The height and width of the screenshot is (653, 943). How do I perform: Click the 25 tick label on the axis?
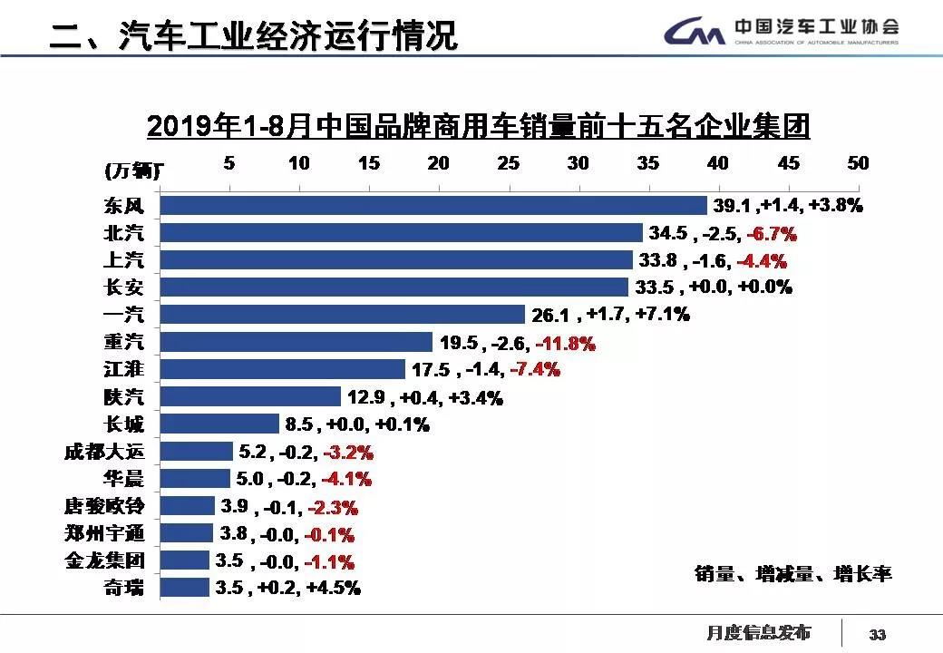[x=509, y=163]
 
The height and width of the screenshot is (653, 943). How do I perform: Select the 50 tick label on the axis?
[x=858, y=163]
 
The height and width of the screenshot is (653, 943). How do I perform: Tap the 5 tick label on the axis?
[x=229, y=163]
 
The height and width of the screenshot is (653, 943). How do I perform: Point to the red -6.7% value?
[x=771, y=234]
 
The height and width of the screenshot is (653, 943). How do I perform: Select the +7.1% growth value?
[x=664, y=315]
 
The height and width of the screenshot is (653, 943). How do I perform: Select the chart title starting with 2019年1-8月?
[x=478, y=126]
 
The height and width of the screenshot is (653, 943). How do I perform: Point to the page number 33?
[x=878, y=634]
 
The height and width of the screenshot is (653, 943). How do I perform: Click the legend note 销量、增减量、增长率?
[x=793, y=574]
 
